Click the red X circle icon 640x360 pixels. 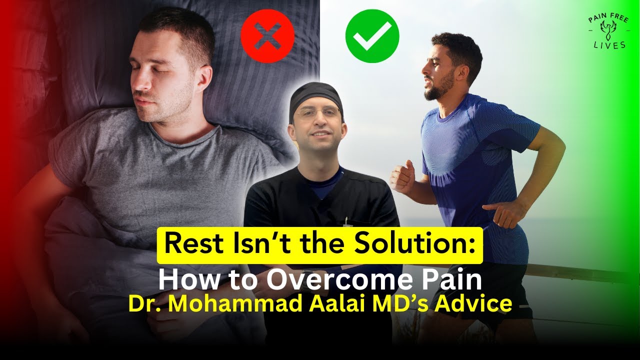267,36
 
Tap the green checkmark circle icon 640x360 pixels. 372,36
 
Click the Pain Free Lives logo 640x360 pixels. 607,32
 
